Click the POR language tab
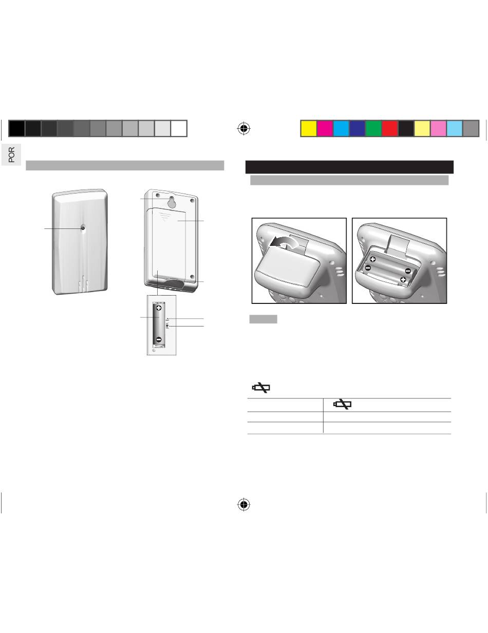[x=11, y=155]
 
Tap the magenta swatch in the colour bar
[x=325, y=128]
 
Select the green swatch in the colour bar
[x=373, y=128]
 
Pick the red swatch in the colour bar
[x=390, y=128]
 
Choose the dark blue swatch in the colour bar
[x=357, y=128]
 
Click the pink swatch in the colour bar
[x=438, y=128]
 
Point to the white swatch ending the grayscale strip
[x=179, y=128]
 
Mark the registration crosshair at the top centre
[x=244, y=128]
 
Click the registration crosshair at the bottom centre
[x=244, y=504]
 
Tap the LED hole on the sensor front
[x=83, y=228]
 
